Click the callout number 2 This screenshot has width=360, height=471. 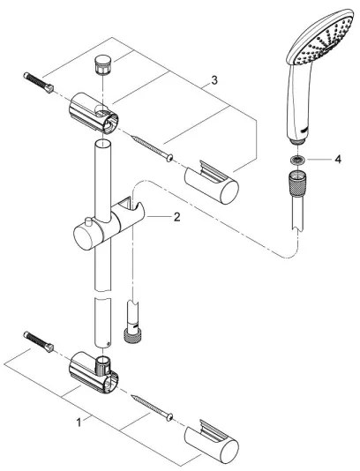176,215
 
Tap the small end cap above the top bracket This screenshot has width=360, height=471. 100,63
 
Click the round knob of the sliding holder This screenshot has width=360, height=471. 82,239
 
